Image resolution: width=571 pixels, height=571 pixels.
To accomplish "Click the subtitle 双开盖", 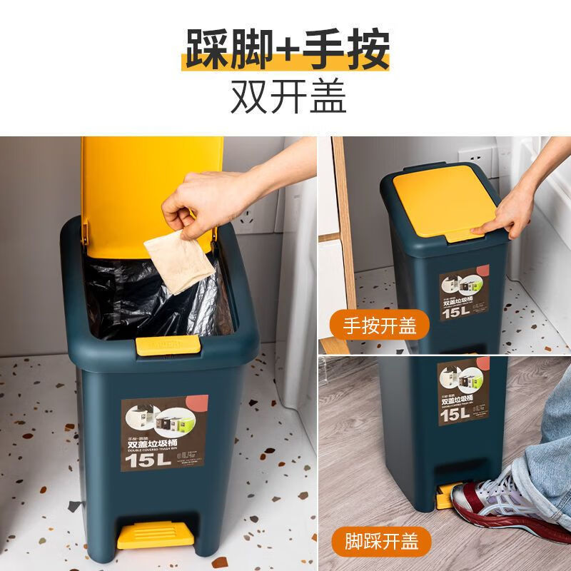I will [288, 96].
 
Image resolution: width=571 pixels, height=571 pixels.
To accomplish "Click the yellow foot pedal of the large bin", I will [155, 534].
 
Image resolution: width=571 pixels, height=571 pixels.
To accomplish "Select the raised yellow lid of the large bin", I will [150, 186].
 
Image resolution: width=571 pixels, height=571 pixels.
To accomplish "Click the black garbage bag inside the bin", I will [136, 293].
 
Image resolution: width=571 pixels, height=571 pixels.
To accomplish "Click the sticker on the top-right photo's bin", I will [463, 293].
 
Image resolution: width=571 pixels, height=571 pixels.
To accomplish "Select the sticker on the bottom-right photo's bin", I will [464, 393].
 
